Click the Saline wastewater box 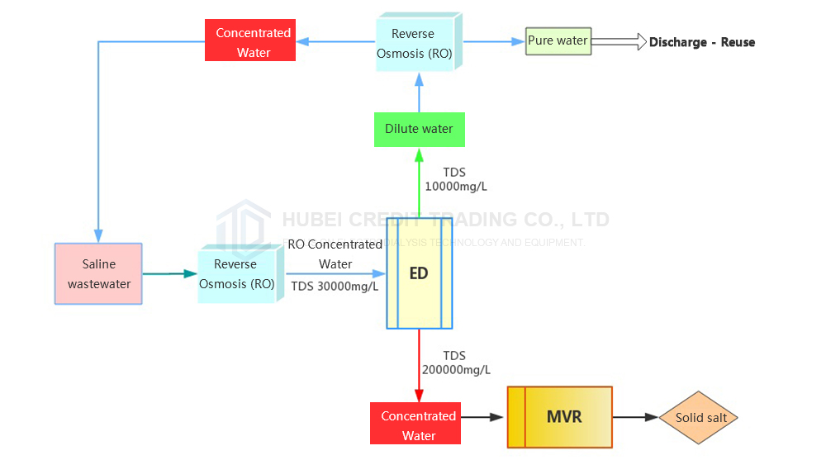click(98, 274)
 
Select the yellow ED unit click(419, 273)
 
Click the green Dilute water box click(419, 129)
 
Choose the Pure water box click(558, 40)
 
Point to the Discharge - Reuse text click(701, 42)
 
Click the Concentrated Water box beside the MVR click(418, 425)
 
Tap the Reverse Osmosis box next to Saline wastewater click(235, 274)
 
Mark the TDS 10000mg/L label click(455, 179)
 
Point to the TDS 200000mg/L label click(456, 363)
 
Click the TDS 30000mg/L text click(335, 287)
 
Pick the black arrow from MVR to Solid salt click(635, 418)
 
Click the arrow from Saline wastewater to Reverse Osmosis click(169, 273)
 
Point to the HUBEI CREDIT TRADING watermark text click(445, 220)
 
